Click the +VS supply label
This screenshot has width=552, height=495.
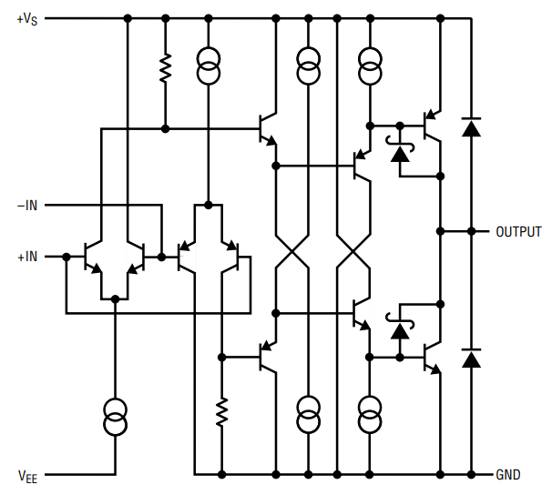[27, 19]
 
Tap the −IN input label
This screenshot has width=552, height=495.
[27, 206]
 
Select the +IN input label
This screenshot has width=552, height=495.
[27, 257]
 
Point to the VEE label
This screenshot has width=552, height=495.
[27, 477]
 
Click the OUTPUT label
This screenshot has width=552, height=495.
[518, 232]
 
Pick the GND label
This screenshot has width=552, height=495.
[508, 475]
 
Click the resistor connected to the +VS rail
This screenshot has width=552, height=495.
[165, 68]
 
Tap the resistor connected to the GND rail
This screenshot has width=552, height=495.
[221, 412]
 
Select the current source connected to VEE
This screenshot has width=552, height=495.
[116, 417]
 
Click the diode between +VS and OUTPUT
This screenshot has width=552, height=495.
[471, 127]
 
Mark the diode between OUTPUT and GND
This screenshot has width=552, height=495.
[471, 359]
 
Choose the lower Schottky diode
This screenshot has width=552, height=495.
[400, 326]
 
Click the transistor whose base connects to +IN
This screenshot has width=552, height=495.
[92, 257]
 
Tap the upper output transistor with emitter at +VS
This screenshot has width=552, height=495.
[432, 126]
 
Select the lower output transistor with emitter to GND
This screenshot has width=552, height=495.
[432, 358]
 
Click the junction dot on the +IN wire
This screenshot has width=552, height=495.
[66, 257]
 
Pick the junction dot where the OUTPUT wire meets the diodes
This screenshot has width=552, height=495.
[471, 231]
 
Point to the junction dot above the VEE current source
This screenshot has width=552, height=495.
[115, 299]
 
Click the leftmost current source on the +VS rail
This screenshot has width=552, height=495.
[209, 66]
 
